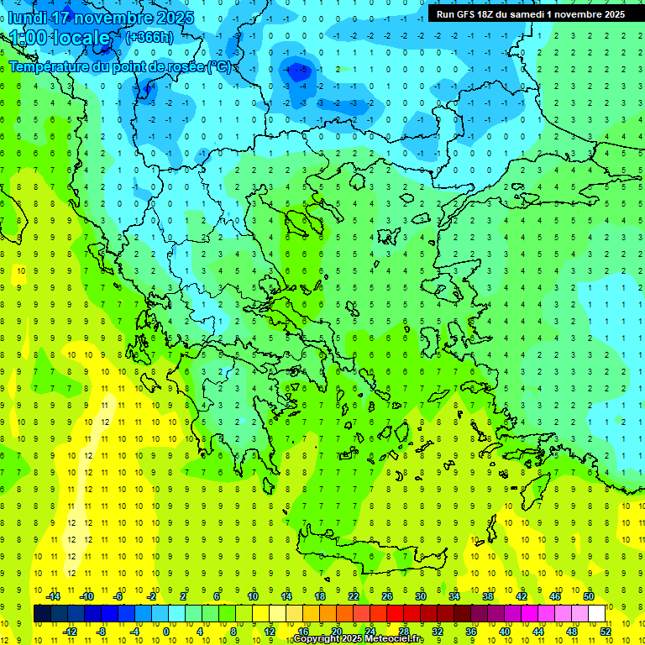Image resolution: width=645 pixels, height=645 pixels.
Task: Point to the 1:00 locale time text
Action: click(x=60, y=38)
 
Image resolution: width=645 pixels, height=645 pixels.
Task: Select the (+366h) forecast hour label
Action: click(x=149, y=37)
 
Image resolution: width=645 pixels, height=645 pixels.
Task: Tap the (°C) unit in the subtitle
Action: click(x=219, y=67)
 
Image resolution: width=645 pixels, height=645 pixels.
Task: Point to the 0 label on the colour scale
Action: click(x=166, y=631)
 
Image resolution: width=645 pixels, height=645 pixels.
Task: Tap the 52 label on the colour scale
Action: click(x=606, y=631)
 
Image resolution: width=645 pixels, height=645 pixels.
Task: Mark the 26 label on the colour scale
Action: click(x=387, y=596)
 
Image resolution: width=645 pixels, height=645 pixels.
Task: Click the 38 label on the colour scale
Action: click(x=488, y=596)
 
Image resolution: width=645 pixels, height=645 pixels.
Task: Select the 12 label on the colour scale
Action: click(x=270, y=631)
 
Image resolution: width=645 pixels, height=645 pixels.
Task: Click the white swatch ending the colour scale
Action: click(x=596, y=614)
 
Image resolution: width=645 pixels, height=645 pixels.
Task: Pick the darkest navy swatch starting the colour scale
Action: click(x=42, y=614)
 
